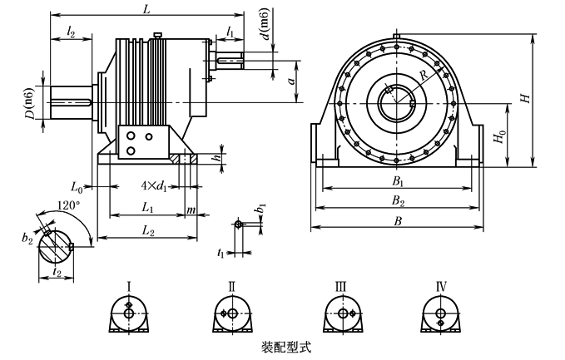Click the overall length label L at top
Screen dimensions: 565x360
point(146,9)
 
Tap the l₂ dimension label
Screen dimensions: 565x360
point(71,32)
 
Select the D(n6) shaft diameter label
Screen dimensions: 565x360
point(31,103)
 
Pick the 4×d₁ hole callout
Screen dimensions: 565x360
point(154,186)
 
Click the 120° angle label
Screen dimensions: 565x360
point(68,205)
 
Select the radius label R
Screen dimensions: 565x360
point(424,75)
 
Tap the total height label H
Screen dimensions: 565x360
point(526,98)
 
